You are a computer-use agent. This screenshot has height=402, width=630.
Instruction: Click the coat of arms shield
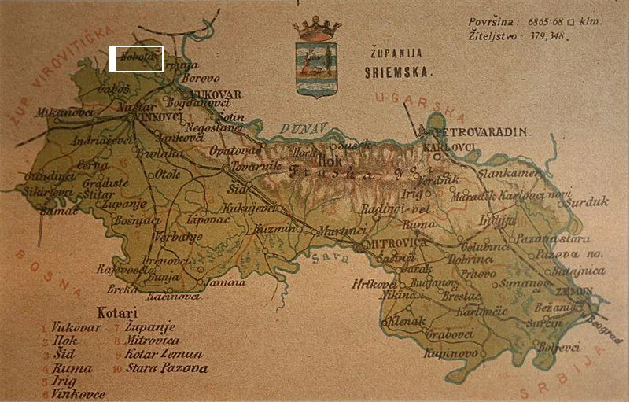[x=316, y=68]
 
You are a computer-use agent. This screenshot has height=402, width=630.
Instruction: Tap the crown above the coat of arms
[x=316, y=29]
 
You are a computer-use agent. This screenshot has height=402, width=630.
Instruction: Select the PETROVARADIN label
[x=477, y=133]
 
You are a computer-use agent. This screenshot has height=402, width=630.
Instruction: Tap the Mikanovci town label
[x=64, y=112]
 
